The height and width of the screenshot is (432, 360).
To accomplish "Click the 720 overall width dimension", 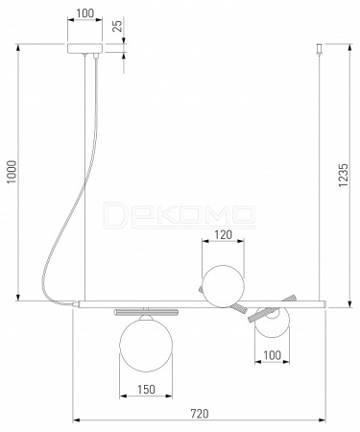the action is coord(200,414).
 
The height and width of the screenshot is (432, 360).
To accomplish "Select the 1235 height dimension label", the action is coord(344,175).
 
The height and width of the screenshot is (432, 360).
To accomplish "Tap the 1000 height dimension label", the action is coord(12,172).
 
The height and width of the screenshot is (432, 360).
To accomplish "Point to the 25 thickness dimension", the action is coord(118,26).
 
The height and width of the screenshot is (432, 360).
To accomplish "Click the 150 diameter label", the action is coord(146,389).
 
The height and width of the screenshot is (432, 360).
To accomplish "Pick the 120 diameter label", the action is coord(223,235).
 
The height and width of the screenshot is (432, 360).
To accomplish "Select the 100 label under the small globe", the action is coord(272,355).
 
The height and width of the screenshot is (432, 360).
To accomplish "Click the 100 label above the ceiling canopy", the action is coord(85,13).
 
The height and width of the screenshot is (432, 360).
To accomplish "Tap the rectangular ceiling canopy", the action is coord(84,48).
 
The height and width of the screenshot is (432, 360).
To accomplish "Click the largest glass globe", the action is coord(146,345).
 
